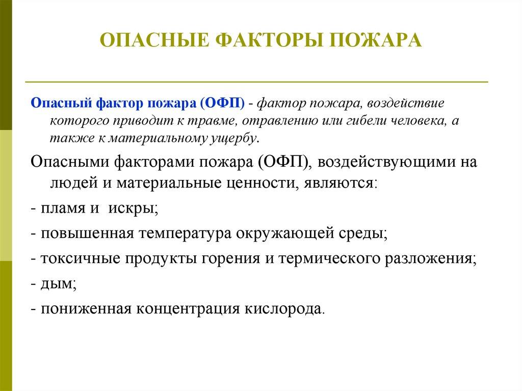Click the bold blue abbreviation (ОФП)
point(222,103)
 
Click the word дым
point(58,283)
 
